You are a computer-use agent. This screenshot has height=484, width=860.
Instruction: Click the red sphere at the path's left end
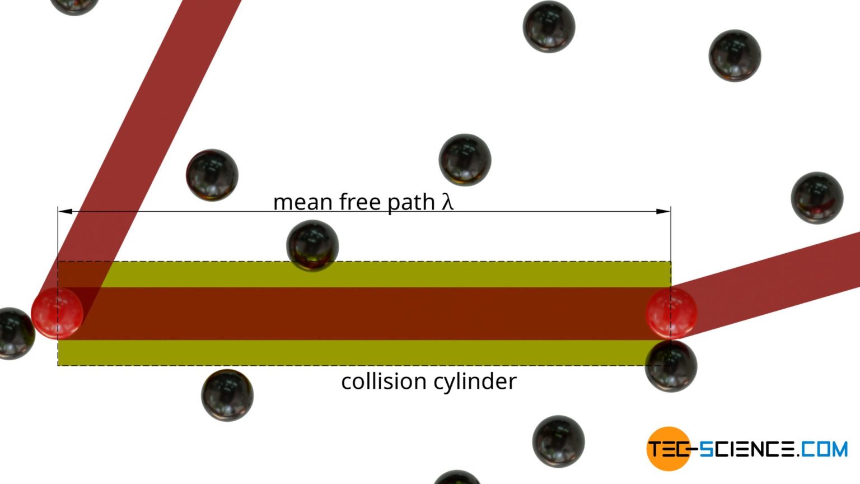(57, 313)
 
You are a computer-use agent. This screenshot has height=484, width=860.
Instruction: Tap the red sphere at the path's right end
(671, 313)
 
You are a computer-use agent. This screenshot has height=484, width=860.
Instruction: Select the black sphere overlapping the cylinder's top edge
(312, 245)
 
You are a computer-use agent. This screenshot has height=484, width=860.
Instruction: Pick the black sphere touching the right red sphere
(671, 366)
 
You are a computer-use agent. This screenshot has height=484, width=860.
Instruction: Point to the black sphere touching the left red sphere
(15, 333)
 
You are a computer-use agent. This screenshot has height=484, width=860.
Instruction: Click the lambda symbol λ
(447, 202)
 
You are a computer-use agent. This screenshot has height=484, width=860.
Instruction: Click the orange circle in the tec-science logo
(668, 449)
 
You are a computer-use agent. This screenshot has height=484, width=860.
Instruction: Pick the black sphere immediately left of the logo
(558, 441)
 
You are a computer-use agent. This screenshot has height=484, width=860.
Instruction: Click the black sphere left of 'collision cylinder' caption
(227, 395)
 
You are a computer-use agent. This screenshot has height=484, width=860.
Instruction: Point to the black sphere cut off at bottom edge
(457, 478)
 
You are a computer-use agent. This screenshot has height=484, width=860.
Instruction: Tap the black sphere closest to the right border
(817, 198)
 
